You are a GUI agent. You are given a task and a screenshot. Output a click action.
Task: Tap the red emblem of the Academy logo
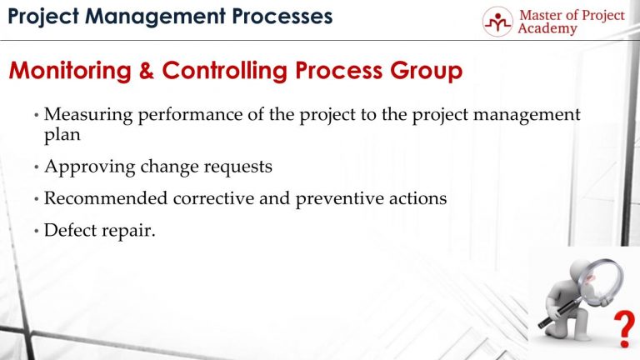tap(497, 22)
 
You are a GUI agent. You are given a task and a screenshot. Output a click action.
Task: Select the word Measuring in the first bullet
tap(83, 115)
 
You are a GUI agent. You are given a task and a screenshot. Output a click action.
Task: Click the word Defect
tap(69, 231)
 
